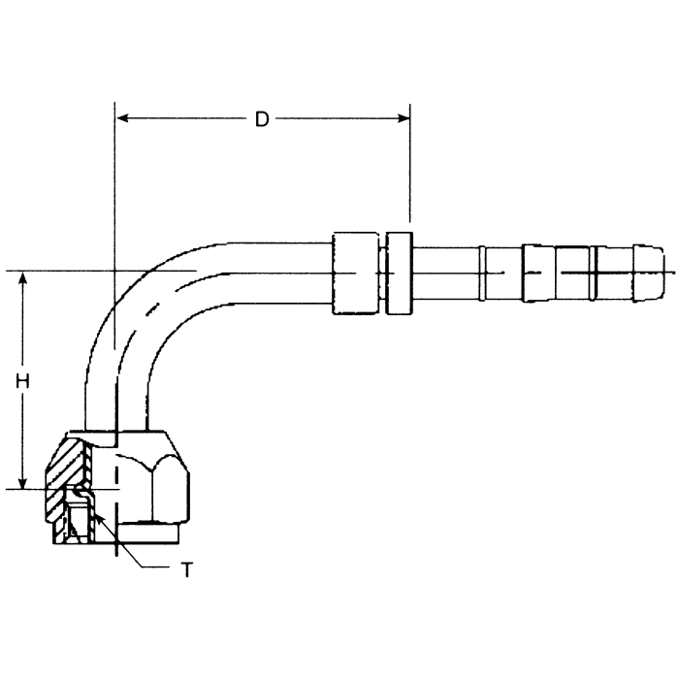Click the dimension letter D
click(262, 119)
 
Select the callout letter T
click(186, 568)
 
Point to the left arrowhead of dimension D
click(122, 119)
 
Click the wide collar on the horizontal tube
click(352, 273)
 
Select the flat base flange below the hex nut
click(145, 533)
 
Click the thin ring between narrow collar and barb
click(482, 273)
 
